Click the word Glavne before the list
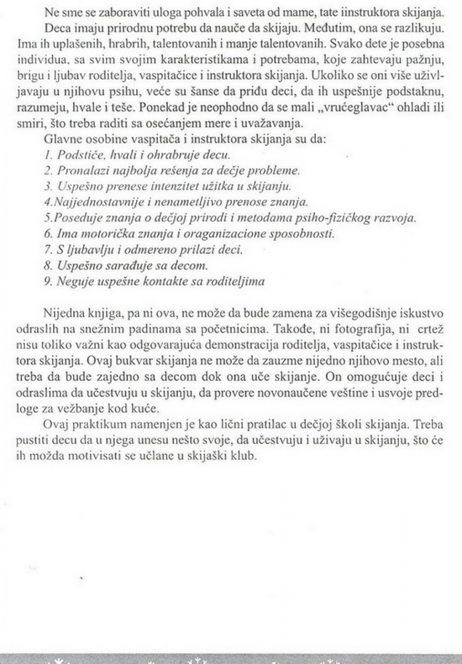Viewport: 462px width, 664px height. (x=61, y=139)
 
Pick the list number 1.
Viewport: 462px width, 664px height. (x=48, y=155)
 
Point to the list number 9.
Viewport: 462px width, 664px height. (x=48, y=281)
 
